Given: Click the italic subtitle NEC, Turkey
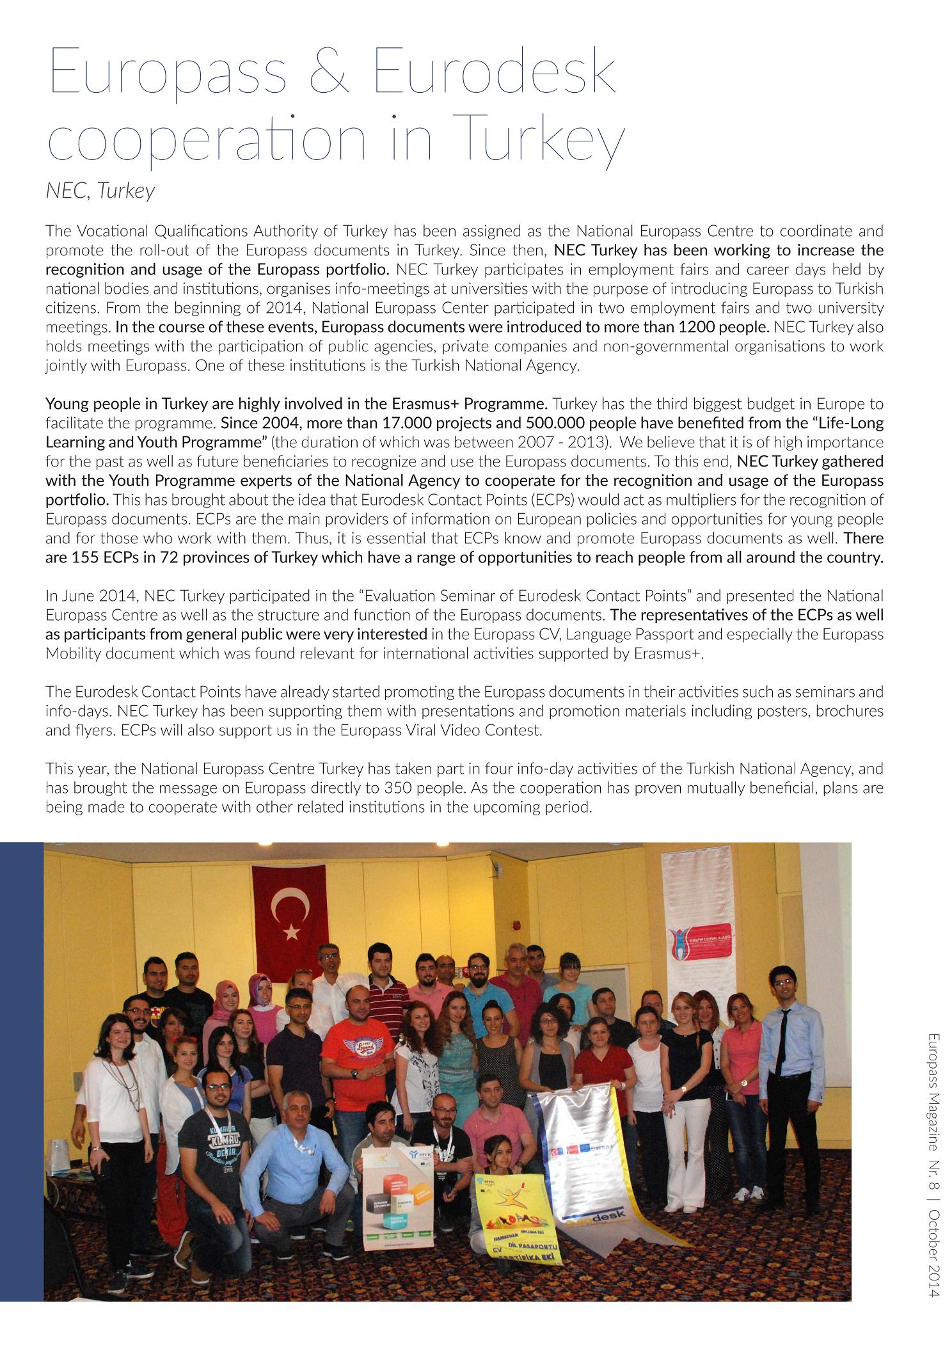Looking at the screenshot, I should click(x=100, y=191).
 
